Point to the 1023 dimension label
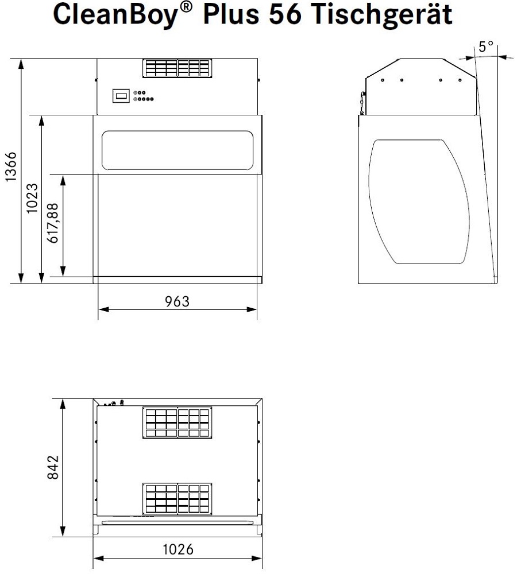33,198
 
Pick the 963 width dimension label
177,301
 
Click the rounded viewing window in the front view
177,151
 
